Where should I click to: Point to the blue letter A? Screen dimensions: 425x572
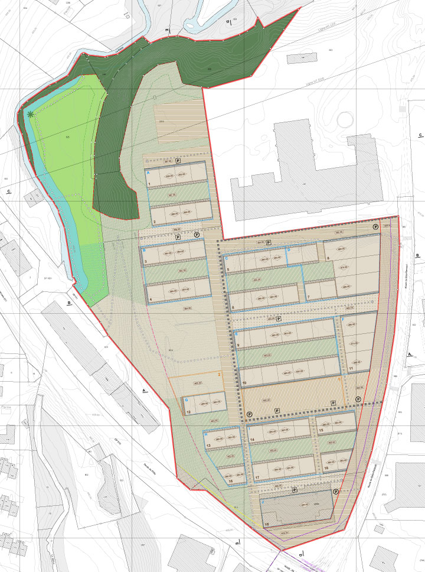click(x=149, y=172)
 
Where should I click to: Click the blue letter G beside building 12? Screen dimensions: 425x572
click(x=186, y=400)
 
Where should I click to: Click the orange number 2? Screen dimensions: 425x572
click(x=220, y=374)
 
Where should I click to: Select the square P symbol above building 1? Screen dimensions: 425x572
click(x=176, y=161)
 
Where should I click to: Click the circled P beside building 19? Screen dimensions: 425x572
click(x=335, y=492)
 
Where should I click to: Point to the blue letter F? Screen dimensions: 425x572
click(x=344, y=320)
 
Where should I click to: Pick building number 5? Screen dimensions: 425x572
click(x=228, y=269)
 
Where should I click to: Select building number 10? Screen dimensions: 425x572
click(x=244, y=383)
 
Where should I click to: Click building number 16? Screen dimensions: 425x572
click(x=230, y=480)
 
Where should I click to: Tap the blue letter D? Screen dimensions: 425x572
click(x=288, y=251)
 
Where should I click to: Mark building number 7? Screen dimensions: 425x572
click(x=308, y=297)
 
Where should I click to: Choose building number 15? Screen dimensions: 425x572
click(x=321, y=431)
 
